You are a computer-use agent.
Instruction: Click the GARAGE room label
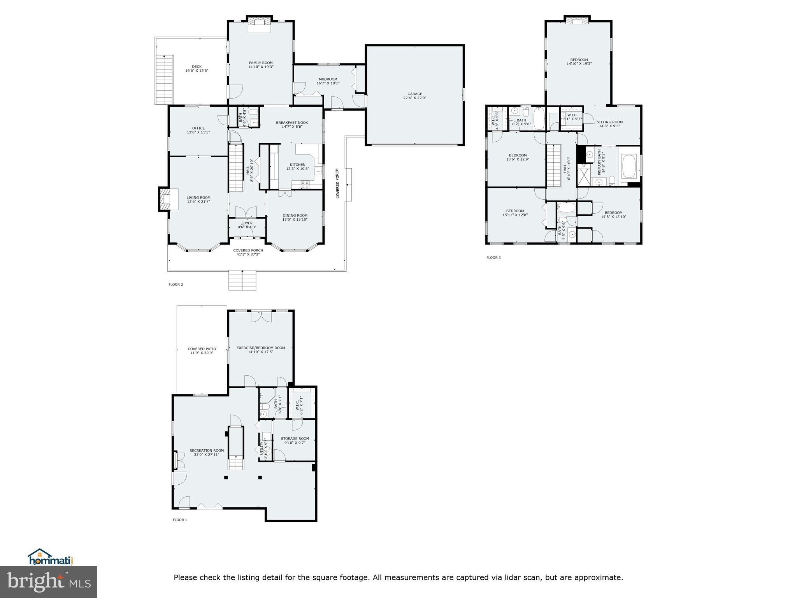point(415,96)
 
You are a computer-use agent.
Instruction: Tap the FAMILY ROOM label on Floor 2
point(261,65)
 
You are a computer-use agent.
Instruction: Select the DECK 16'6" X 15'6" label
point(197,69)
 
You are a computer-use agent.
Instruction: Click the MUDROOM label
point(328,81)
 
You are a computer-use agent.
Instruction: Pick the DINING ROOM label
point(295,218)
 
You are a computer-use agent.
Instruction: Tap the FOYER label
point(247,225)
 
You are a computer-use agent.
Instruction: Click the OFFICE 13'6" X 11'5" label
point(198,130)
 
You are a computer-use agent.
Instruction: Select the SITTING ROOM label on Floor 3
point(609,124)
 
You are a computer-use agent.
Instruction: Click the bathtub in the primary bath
point(629,167)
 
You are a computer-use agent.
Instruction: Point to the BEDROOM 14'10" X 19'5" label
point(579,62)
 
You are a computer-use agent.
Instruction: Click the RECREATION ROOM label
point(207,452)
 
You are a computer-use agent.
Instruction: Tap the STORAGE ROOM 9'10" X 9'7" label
point(295,440)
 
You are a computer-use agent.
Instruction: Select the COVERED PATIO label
point(202,351)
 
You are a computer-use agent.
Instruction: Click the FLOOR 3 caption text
point(493,257)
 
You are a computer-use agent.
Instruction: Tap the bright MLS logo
point(49,582)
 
